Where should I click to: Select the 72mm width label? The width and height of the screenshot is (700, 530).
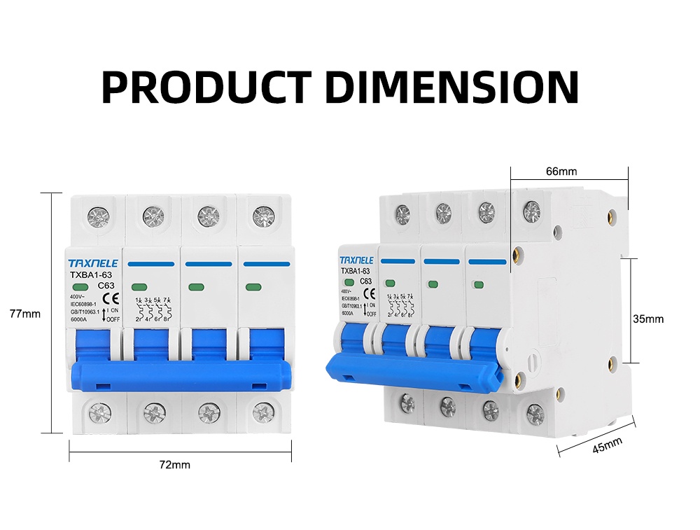pos(174,464)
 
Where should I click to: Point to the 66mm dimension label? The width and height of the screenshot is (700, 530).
pos(561,172)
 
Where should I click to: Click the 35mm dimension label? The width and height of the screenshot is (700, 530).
pos(647,319)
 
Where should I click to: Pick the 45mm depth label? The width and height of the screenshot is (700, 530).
pos(607,446)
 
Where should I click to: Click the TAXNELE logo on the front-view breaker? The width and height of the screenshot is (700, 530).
pos(94,263)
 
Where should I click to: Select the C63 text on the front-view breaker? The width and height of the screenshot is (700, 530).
pos(106,286)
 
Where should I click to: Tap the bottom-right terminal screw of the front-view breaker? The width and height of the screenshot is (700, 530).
pos(262,412)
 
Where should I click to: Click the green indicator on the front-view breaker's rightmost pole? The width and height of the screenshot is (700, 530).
pos(251,288)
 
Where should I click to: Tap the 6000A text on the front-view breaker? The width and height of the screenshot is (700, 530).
pos(78,320)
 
